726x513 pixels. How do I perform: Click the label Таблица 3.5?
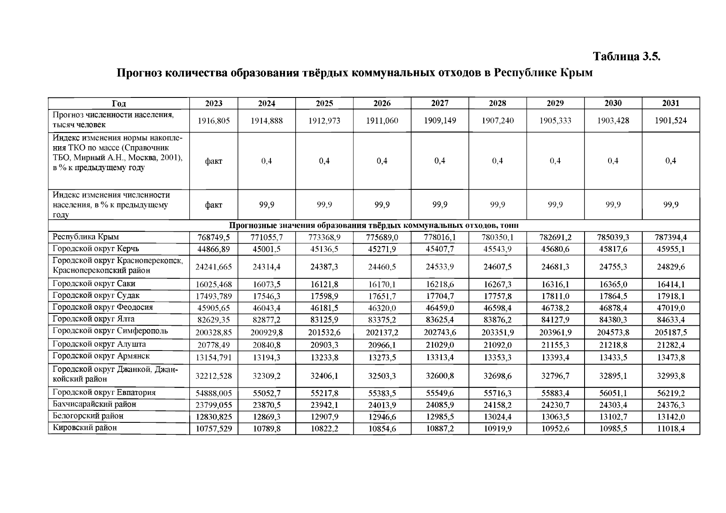(626, 56)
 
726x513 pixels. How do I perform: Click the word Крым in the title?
(578, 73)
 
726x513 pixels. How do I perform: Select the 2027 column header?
(440, 103)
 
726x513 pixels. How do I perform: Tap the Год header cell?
(119, 103)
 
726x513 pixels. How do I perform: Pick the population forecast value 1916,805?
(214, 121)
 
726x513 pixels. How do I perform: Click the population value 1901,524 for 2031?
(670, 121)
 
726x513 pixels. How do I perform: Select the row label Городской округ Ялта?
(94, 319)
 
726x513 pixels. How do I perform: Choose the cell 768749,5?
(214, 238)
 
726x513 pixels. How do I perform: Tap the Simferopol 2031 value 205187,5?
(670, 332)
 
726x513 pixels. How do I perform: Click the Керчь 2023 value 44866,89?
(214, 249)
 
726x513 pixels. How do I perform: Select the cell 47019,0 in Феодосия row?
(670, 308)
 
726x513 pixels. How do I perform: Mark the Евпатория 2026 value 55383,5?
(382, 393)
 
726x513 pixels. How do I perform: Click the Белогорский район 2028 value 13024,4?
(497, 417)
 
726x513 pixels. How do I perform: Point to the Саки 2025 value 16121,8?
(324, 284)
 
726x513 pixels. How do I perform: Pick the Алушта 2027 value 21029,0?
(440, 345)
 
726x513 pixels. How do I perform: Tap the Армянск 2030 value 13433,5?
(613, 357)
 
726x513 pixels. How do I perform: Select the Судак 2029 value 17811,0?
(555, 296)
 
